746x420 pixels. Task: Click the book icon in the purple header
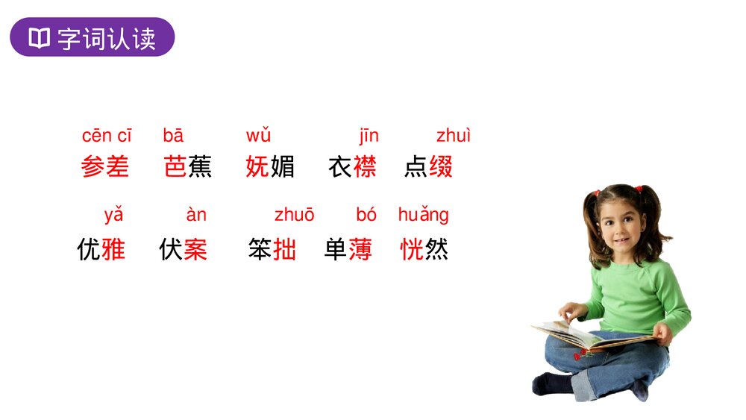[x=39, y=38]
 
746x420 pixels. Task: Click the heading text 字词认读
[x=106, y=38]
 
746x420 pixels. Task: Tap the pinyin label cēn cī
[x=107, y=136]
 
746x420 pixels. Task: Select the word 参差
[x=105, y=166]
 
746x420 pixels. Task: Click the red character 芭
[x=175, y=166]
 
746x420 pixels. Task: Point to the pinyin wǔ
[x=258, y=136]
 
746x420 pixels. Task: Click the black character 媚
[x=283, y=166]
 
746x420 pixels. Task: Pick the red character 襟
[x=365, y=166]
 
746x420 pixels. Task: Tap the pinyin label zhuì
[x=454, y=136]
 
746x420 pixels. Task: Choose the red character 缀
[x=441, y=166]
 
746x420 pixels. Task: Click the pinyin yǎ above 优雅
[x=113, y=216]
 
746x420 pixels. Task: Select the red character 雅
[x=113, y=248]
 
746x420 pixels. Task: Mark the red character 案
[x=195, y=248]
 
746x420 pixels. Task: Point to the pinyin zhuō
[x=295, y=216]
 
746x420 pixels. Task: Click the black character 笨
[x=260, y=248]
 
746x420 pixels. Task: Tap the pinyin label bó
[x=366, y=216]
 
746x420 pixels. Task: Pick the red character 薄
[x=360, y=248]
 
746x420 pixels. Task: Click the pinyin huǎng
[x=423, y=216]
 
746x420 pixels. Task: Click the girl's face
[x=621, y=223]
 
